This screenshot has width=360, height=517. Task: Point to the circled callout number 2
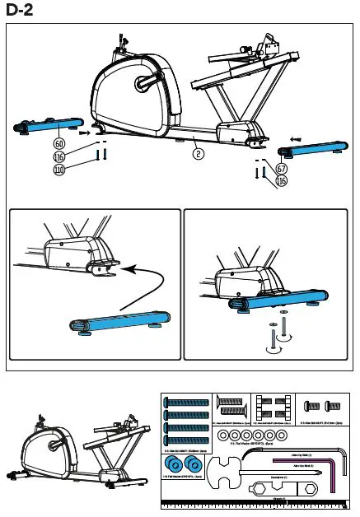pos(199,152)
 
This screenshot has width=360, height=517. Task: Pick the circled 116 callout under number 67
pos(282,180)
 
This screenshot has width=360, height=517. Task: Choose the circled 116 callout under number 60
pos(58,156)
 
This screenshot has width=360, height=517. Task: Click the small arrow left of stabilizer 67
pos(296,138)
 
